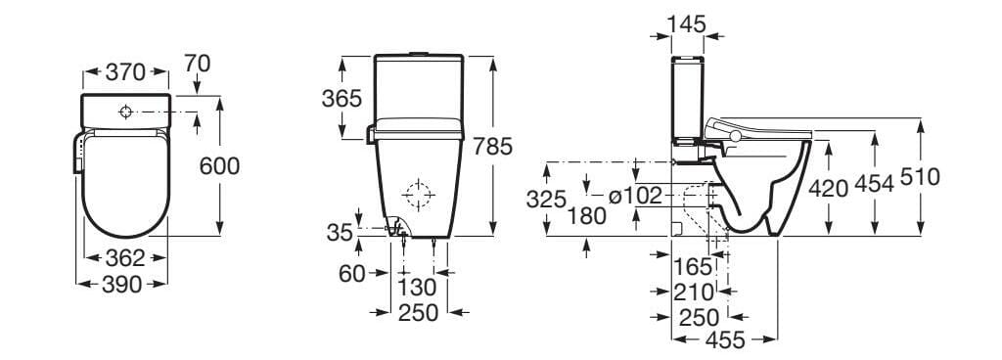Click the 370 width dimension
(x=126, y=72)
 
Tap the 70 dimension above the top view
(x=197, y=64)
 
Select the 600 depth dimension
(x=219, y=166)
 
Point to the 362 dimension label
(x=125, y=258)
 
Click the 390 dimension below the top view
(x=122, y=285)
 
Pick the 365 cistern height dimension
(x=342, y=98)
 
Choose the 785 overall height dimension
(x=493, y=147)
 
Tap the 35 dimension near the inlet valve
(x=340, y=233)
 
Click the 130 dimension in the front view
(x=418, y=288)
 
